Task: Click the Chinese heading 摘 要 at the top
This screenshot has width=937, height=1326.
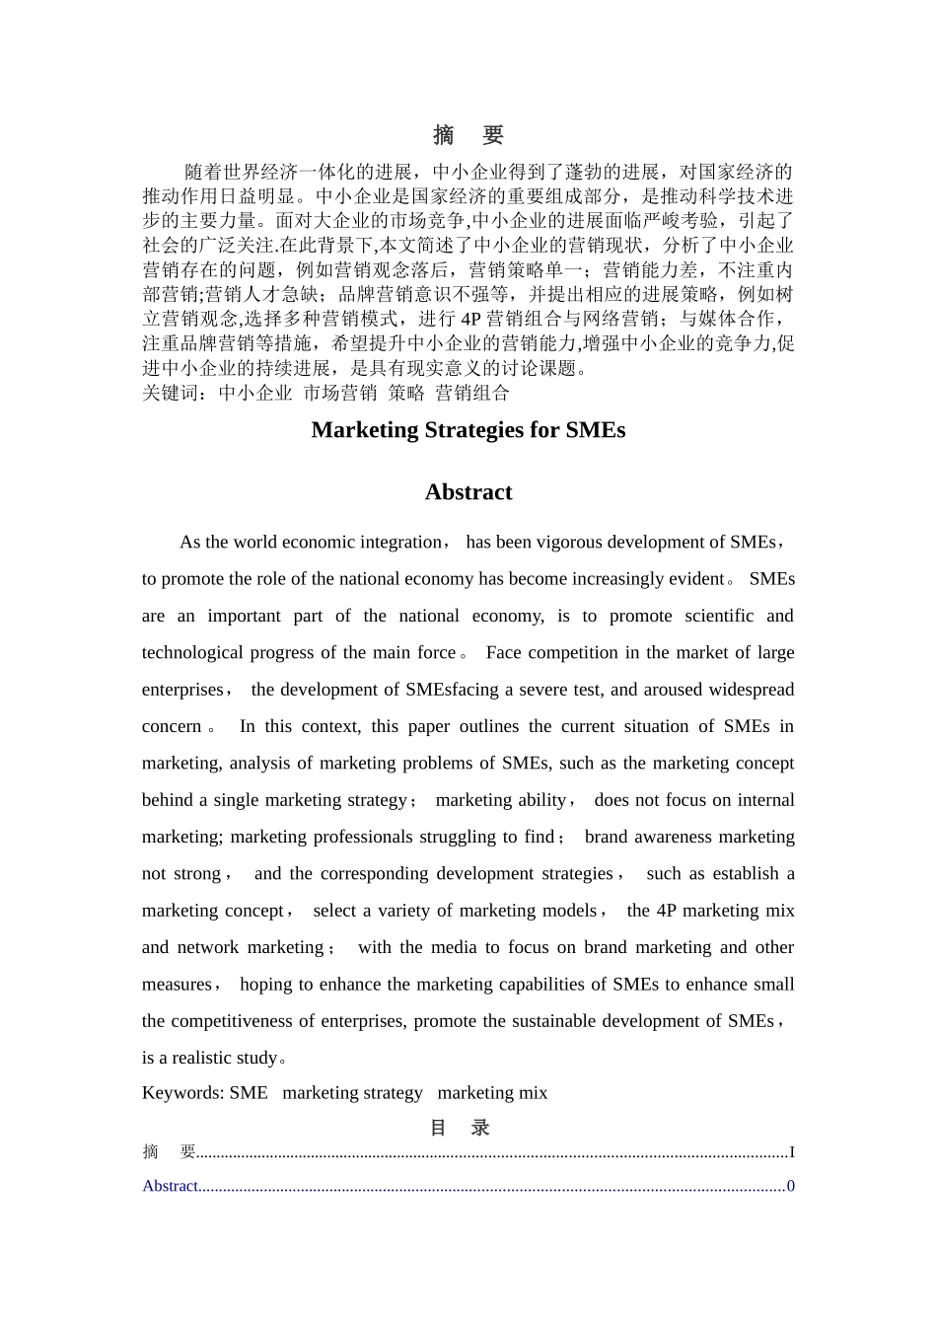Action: pos(468,135)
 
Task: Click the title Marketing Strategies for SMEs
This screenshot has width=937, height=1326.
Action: pos(468,429)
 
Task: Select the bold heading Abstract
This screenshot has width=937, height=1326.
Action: pos(468,492)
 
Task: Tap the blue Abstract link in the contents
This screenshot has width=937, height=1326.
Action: pos(170,1186)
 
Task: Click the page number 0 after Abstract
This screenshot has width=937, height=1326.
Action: pos(790,1186)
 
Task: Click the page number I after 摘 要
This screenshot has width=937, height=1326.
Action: pos(791,1152)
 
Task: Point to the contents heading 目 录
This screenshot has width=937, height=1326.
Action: pos(460,1128)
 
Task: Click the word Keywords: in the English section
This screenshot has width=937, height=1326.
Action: pos(183,1092)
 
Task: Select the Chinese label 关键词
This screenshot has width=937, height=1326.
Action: pos(171,393)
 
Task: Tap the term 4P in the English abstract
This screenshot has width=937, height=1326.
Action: pos(667,911)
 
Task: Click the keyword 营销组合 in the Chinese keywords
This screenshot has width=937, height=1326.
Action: pos(472,393)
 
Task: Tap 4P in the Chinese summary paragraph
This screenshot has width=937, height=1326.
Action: pos(470,319)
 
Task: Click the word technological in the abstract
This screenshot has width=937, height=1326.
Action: pos(191,652)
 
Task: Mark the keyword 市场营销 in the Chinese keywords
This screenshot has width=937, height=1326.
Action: pos(339,393)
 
